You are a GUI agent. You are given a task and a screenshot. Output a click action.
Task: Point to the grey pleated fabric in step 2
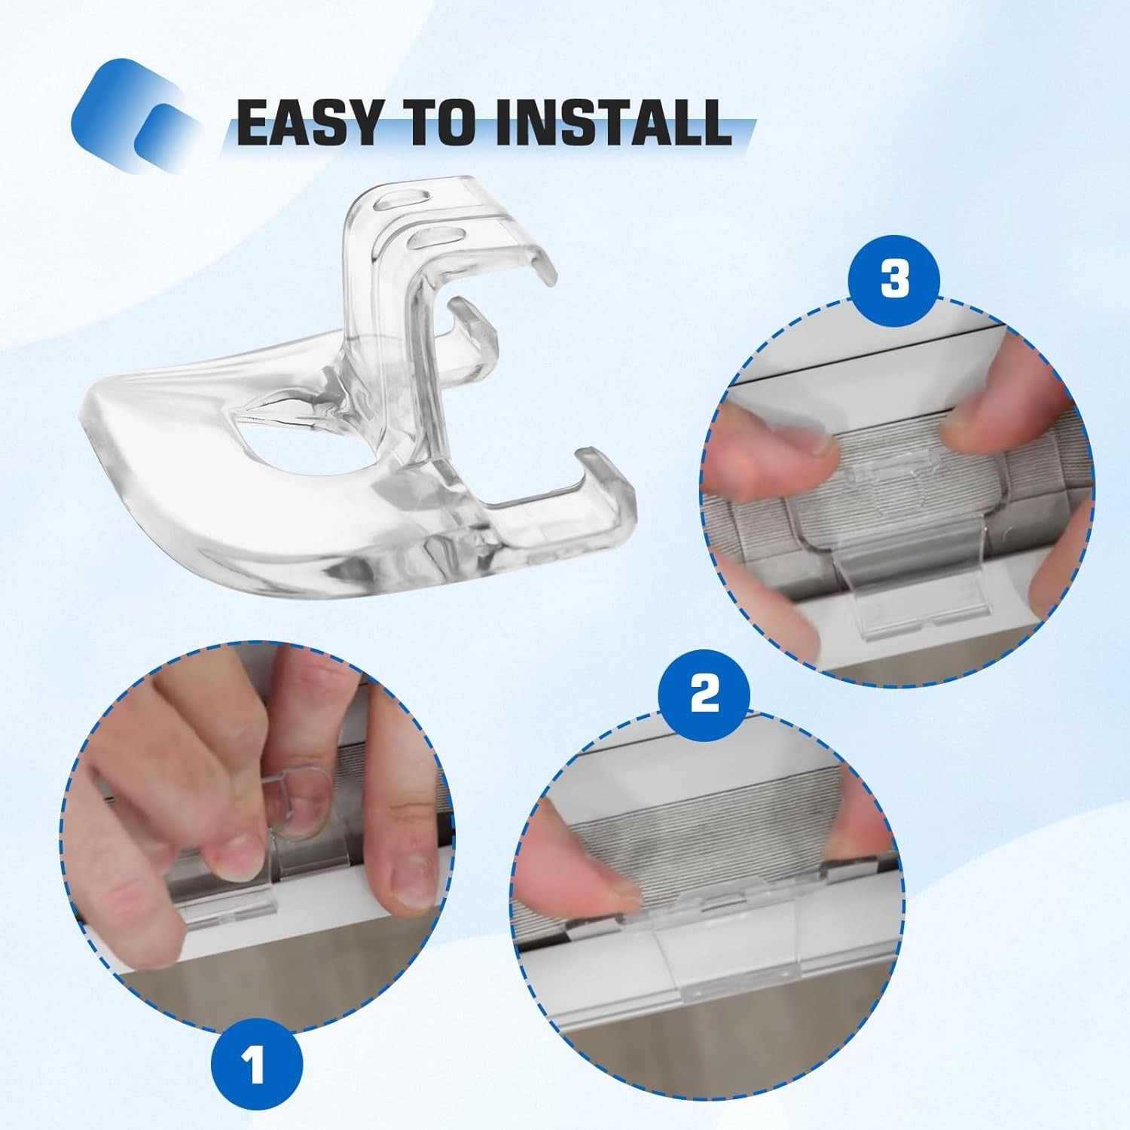pos(723,836)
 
